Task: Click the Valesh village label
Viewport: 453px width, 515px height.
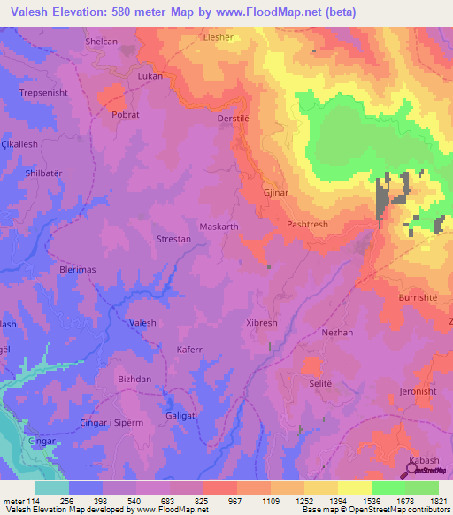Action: [x=142, y=323]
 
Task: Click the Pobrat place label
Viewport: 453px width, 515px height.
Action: [x=126, y=114]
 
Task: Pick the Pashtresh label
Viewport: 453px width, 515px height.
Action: [x=307, y=225]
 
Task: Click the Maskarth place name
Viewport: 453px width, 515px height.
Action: [x=219, y=227]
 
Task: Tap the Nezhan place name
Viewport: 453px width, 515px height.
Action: [x=337, y=333]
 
